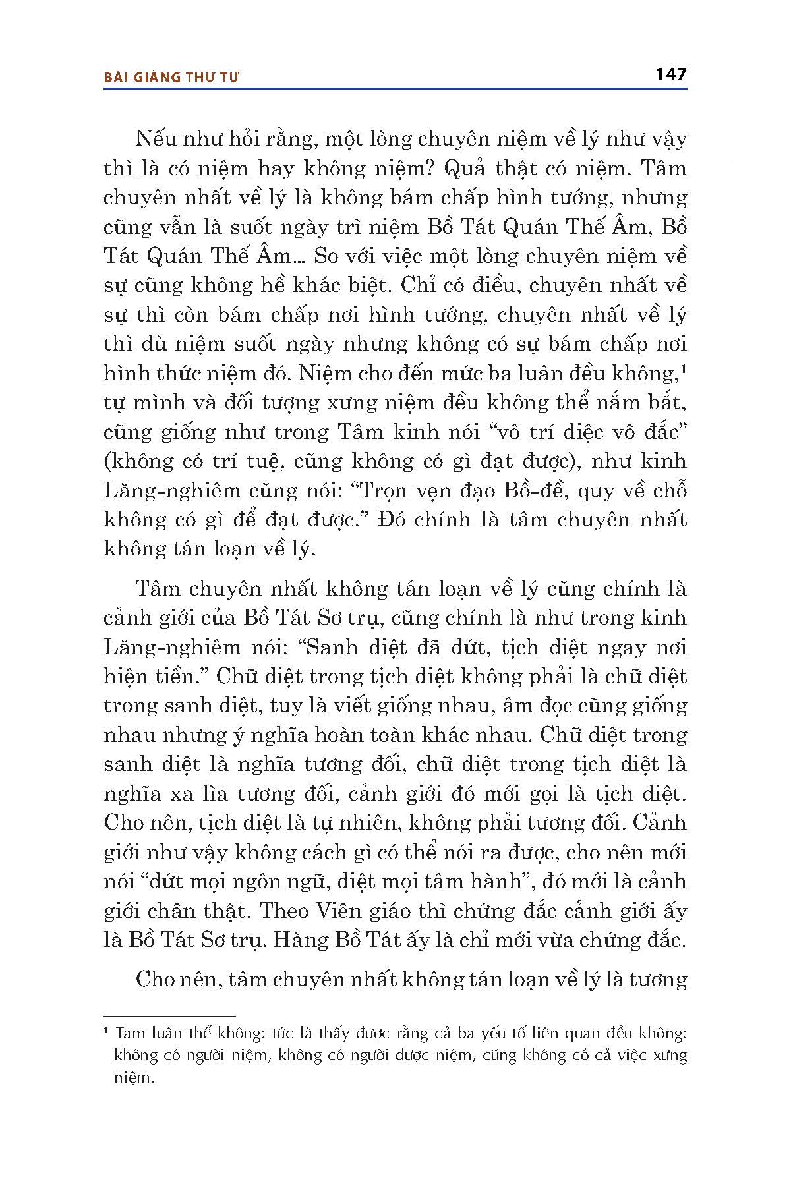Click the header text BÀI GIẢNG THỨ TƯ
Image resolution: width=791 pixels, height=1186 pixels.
pyautogui.click(x=171, y=77)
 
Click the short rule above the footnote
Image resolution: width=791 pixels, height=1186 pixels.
pyautogui.click(x=169, y=1017)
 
